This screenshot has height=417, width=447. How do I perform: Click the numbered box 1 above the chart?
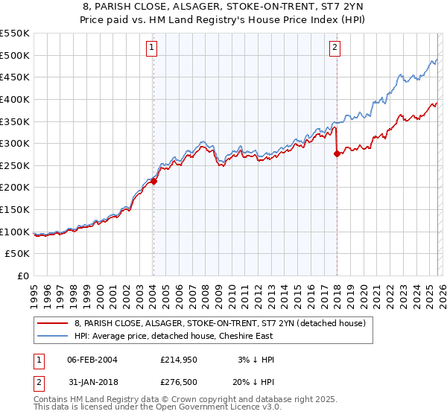[152, 48]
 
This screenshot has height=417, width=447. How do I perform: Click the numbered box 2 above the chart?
[335, 48]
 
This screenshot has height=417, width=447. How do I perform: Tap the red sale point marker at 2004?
[153, 180]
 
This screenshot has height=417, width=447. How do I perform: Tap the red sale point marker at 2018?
[337, 153]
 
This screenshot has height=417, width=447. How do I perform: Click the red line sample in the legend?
[53, 323]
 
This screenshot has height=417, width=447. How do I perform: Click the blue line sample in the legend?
[53, 336]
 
